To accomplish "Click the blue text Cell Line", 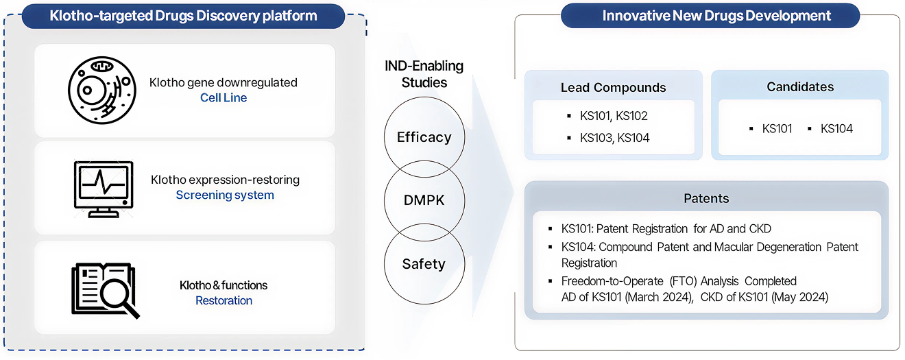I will pyautogui.click(x=224, y=98).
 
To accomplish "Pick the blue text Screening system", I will pyautogui.click(x=225, y=195).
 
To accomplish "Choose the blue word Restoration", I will pyautogui.click(x=224, y=301).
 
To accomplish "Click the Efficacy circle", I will pyautogui.click(x=424, y=137).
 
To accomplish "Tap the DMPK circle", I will pyautogui.click(x=424, y=201).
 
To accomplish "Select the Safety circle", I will pyautogui.click(x=424, y=264).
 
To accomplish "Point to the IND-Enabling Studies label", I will pyautogui.click(x=424, y=75).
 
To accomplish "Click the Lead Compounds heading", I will pyautogui.click(x=613, y=88).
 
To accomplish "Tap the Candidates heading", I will pyautogui.click(x=799, y=87).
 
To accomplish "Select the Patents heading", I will pyautogui.click(x=706, y=199).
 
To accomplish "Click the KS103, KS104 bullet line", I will pyautogui.click(x=614, y=138).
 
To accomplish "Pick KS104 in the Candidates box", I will pyautogui.click(x=836, y=129).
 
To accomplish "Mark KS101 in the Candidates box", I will pyautogui.click(x=777, y=129).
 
